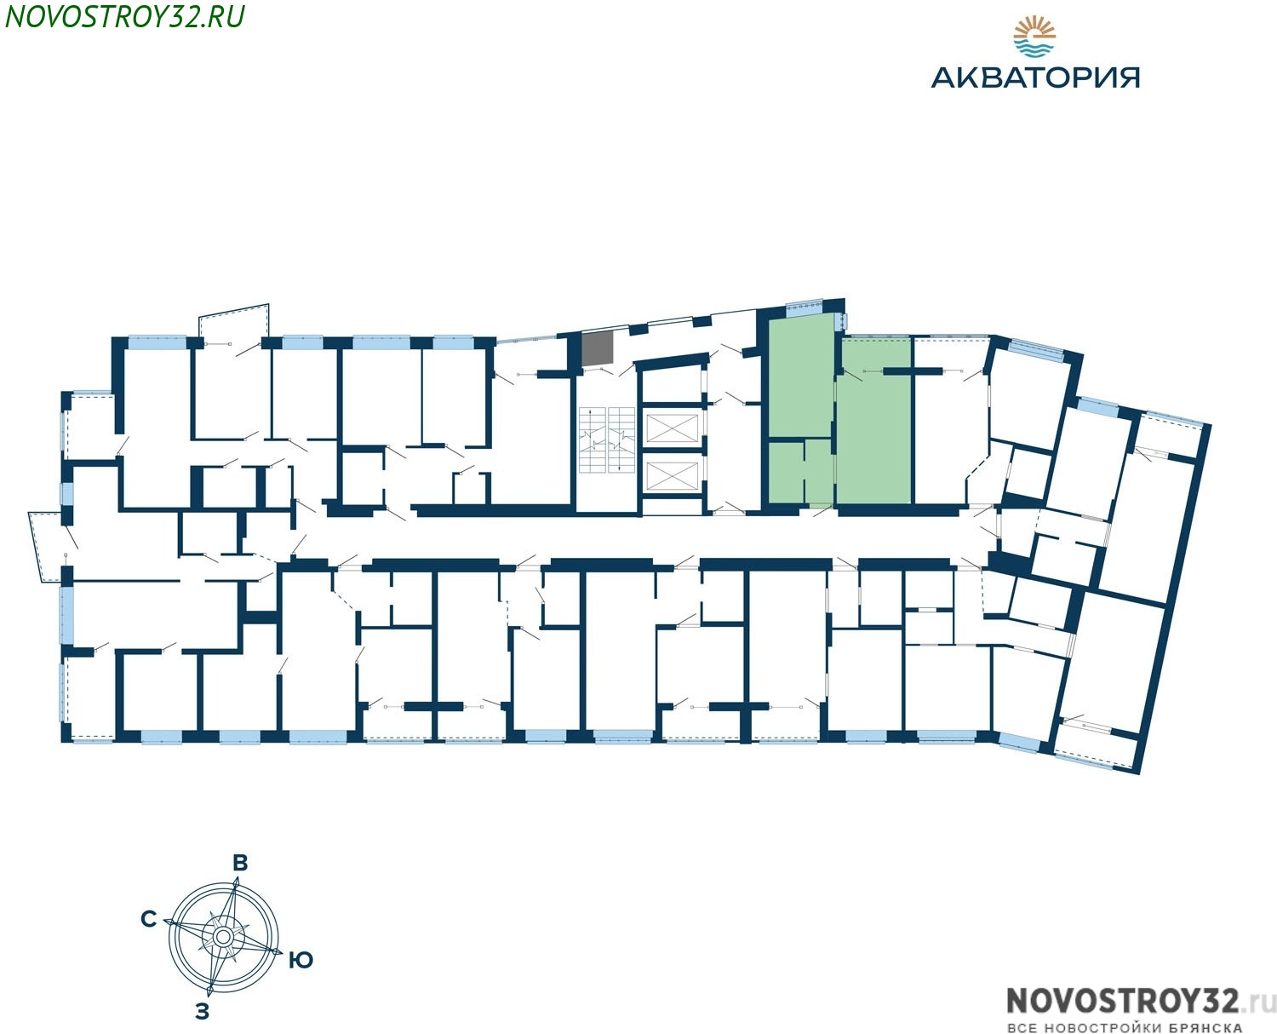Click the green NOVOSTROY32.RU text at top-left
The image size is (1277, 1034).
[124, 16]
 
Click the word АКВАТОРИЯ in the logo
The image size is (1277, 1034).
[1034, 78]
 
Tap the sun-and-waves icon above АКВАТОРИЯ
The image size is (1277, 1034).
[1034, 37]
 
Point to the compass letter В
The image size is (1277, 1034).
[240, 863]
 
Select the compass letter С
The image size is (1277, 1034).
[149, 919]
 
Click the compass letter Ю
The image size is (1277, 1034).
[301, 961]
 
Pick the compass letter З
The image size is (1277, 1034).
[203, 1012]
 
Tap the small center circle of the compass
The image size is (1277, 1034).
[223, 936]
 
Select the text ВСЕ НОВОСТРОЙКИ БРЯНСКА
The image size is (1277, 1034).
[1124, 1027]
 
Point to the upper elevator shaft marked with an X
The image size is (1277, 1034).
[671, 426]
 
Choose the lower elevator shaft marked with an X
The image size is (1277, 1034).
[671, 475]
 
